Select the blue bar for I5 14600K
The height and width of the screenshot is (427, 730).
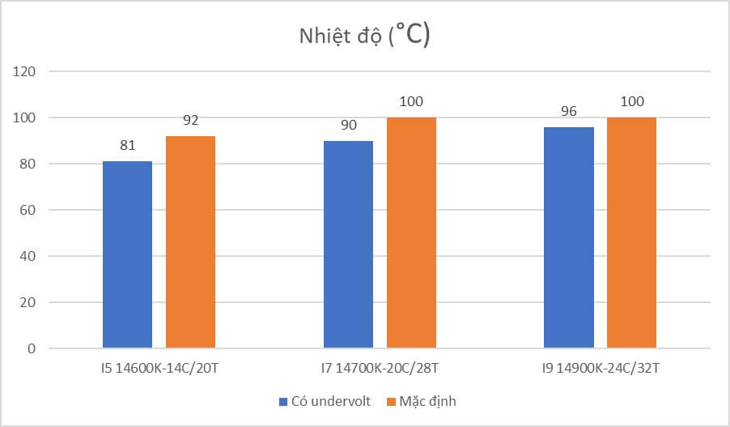(x=127, y=254)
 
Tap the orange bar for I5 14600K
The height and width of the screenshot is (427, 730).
(x=190, y=242)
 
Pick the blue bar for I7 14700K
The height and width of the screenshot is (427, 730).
(x=348, y=245)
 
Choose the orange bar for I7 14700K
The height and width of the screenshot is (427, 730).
(x=411, y=233)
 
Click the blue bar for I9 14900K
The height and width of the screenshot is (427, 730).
(x=568, y=237)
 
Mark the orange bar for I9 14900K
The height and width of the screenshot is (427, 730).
(x=631, y=233)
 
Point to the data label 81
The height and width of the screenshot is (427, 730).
(x=127, y=146)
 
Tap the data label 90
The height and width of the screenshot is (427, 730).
(x=348, y=126)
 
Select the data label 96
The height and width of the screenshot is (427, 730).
(x=568, y=112)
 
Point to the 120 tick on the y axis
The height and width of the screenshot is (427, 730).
(x=26, y=71)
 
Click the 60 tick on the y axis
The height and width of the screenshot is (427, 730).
(x=29, y=210)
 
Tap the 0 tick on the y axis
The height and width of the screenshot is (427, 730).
(x=32, y=348)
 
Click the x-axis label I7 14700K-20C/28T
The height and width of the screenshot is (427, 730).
(x=380, y=369)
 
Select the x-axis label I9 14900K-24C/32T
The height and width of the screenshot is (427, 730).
(x=600, y=369)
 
